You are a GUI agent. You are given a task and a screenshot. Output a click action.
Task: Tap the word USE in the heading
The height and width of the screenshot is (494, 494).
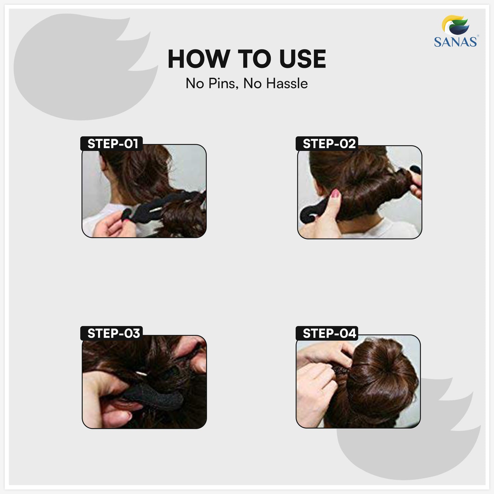[303, 59]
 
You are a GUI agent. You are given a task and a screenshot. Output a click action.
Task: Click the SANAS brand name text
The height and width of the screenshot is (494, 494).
[455, 42]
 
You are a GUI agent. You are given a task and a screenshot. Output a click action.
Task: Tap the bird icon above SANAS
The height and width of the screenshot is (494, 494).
[455, 25]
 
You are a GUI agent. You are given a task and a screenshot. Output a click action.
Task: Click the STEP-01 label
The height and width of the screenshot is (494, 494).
[112, 144]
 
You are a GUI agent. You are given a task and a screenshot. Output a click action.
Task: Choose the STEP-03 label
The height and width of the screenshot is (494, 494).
[113, 333]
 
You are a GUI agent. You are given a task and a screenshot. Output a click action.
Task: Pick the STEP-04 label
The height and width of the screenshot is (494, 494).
[329, 333]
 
